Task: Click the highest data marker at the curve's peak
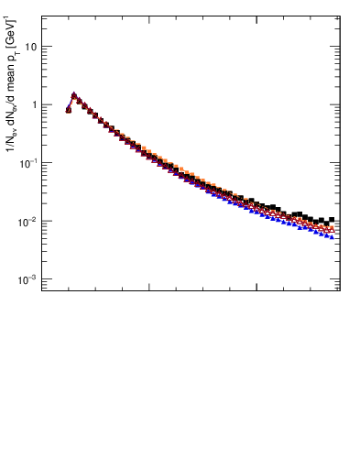click(74, 94)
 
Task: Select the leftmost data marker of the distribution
click(69, 110)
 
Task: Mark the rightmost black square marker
click(332, 220)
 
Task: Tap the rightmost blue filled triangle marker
click(332, 236)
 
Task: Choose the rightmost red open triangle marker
click(332, 229)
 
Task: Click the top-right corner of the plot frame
click(340, 16)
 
